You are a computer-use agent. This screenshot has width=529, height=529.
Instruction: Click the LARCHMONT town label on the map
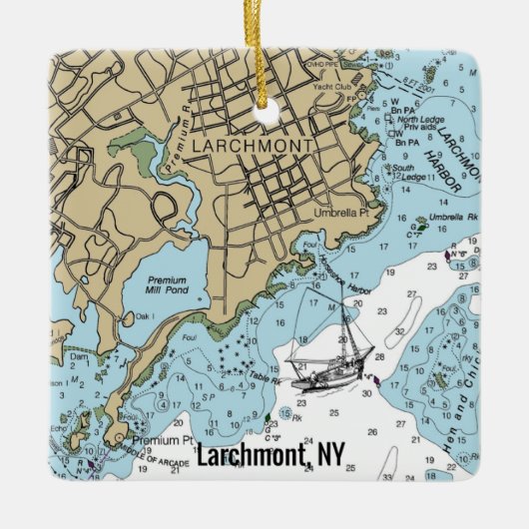coord(251,145)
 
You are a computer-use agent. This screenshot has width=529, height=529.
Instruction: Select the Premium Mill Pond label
coord(167,288)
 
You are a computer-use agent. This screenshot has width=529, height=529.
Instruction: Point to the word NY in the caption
coord(330,455)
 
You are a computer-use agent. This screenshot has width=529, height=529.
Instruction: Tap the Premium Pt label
coord(162,438)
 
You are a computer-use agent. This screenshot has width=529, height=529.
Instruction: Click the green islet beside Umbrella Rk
coord(421,227)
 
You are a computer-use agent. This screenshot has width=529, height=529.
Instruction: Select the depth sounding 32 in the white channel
coord(399,331)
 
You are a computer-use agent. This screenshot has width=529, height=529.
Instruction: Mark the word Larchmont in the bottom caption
coord(254,455)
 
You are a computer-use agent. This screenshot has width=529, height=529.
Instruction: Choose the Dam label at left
coord(79,354)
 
